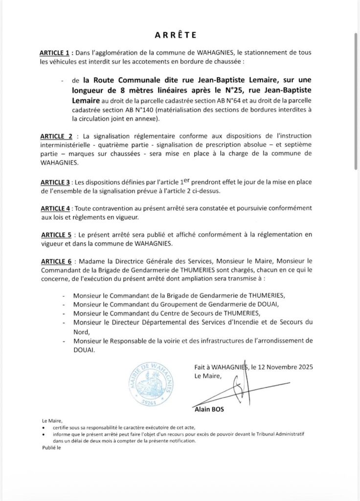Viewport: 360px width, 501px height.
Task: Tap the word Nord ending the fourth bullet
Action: pyautogui.click(x=81, y=331)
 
